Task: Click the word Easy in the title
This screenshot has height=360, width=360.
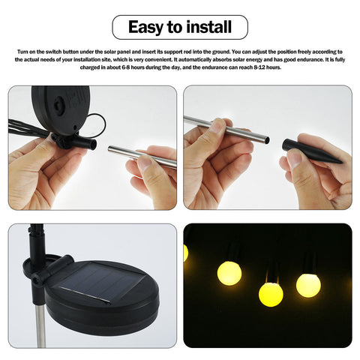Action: tap(145, 28)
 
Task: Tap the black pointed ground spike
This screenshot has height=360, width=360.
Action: tap(311, 151)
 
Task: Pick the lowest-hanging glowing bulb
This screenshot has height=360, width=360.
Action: tap(271, 294)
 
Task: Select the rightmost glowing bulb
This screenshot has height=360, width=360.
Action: tap(307, 285)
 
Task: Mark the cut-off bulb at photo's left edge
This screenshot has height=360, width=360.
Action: tap(186, 253)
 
